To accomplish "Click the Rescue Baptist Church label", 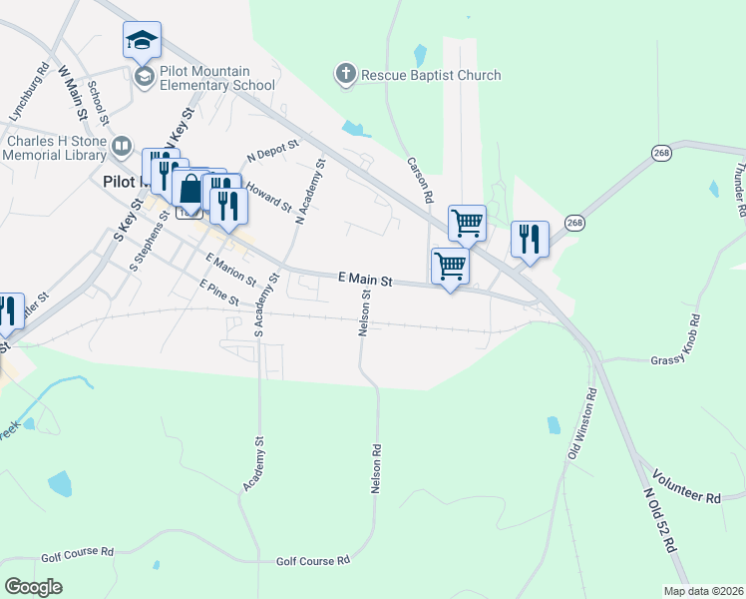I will pos(431,75).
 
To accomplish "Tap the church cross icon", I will pos(346,74).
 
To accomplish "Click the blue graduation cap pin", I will pos(142,41).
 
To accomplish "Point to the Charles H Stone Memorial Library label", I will pos(55,148).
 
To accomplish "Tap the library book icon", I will pos(122,148).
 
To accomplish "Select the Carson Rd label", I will pos(419,180).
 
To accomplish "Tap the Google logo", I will pos(33,586).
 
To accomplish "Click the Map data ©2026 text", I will pos(702,591).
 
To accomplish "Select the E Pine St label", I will pos(218,293).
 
